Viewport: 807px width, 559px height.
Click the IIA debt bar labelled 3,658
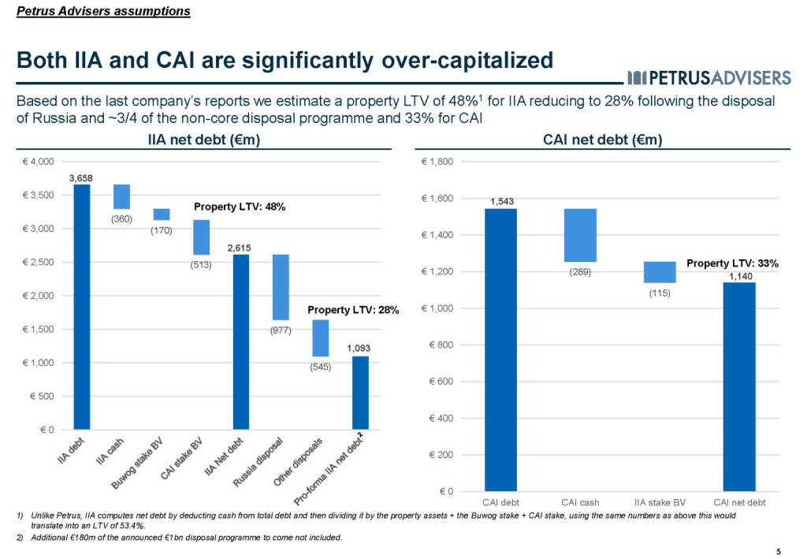click(x=82, y=307)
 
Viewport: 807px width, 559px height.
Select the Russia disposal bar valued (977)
click(x=281, y=287)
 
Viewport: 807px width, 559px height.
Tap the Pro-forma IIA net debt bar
click(x=360, y=393)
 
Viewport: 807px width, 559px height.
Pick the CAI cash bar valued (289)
click(x=580, y=235)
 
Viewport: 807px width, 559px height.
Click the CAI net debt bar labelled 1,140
click(x=739, y=386)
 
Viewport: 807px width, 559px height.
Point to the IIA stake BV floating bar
click(x=660, y=272)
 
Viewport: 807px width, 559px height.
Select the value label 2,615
click(x=240, y=248)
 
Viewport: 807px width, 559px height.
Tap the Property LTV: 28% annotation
click(x=348, y=310)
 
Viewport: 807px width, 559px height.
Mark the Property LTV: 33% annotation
click(x=732, y=264)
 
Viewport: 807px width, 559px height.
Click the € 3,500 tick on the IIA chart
click(x=37, y=196)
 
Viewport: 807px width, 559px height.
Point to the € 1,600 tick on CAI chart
click(x=439, y=199)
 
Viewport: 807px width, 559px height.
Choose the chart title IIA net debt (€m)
click(x=204, y=140)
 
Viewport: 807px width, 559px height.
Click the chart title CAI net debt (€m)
click(x=603, y=140)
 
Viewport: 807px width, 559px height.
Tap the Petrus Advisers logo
click(x=709, y=76)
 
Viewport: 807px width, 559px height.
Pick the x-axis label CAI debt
click(x=500, y=502)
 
